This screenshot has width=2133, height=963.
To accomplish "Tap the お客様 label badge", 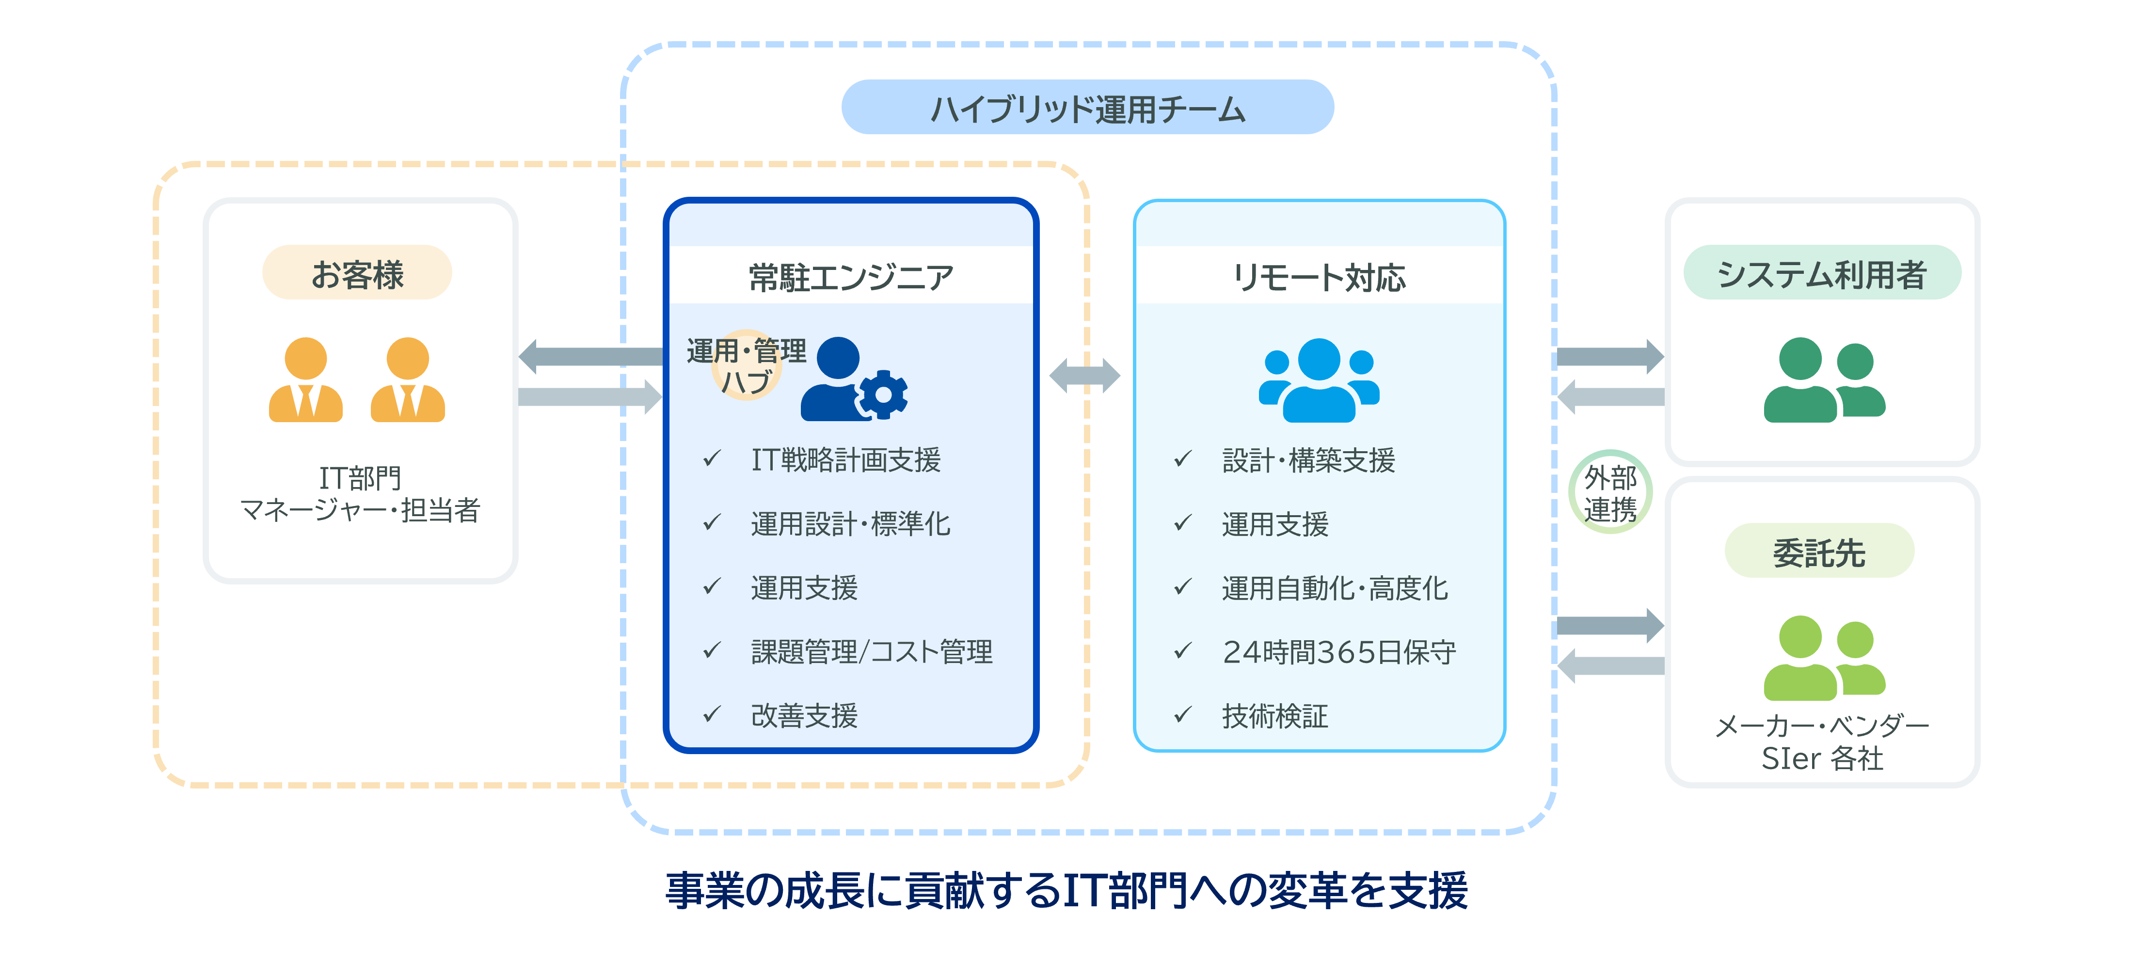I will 357,273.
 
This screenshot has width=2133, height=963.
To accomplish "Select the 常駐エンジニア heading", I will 850,277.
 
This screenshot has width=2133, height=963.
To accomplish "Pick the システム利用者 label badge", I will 1822,273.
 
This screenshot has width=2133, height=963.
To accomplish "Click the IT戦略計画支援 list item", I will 845,459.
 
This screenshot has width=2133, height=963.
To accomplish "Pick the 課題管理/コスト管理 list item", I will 871,652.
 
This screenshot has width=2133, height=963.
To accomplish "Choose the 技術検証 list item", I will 1274,715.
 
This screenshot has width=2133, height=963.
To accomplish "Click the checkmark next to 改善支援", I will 711,714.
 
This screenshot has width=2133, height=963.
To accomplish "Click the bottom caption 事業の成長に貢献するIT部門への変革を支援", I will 1066,891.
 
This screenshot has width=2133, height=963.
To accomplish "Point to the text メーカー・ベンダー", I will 1822,726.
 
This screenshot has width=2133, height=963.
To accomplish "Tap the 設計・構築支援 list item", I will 1308,459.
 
